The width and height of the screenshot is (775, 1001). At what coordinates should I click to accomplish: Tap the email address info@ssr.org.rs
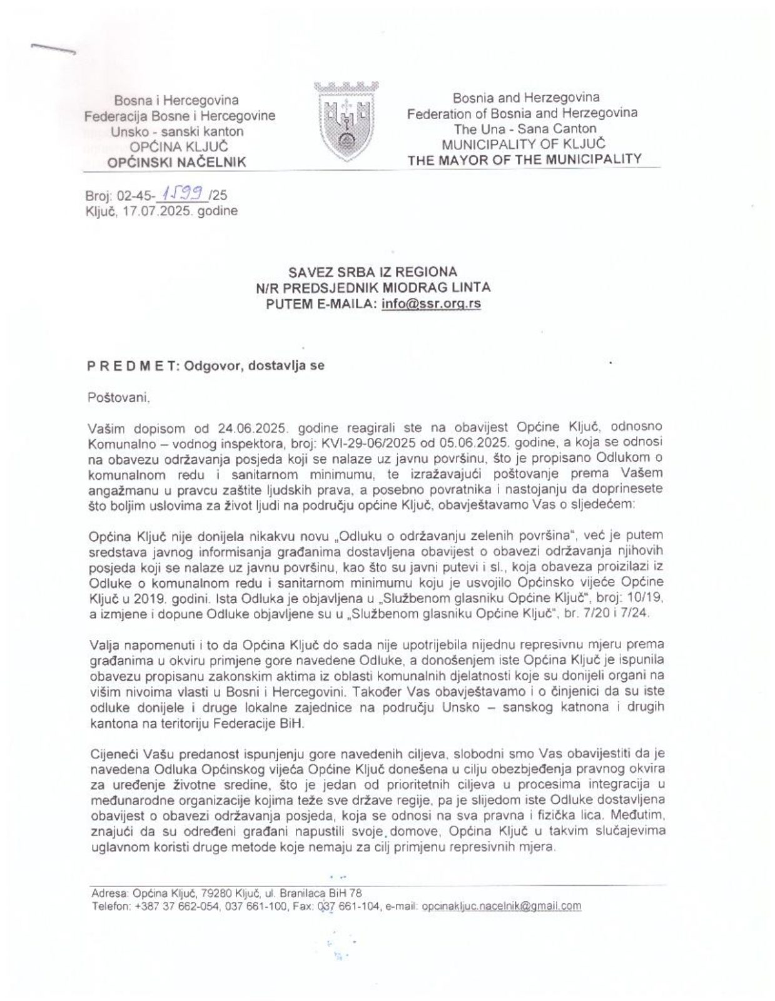pyautogui.click(x=431, y=305)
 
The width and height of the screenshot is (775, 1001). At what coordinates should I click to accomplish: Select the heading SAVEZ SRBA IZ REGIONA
pyautogui.click(x=372, y=272)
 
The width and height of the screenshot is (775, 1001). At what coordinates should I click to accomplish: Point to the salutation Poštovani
pyautogui.click(x=119, y=397)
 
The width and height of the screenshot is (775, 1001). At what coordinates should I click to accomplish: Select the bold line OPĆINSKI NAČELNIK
pyautogui.click(x=177, y=163)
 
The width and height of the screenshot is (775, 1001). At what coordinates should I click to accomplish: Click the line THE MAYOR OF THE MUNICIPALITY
pyautogui.click(x=524, y=160)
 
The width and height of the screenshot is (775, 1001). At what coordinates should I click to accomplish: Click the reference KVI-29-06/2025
pyautogui.click(x=366, y=442)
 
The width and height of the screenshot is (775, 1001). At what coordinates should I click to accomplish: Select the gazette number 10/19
pyautogui.click(x=641, y=597)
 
